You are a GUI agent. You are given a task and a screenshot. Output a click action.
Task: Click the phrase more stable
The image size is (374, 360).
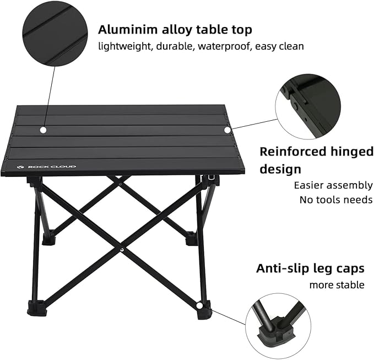pyautogui.click(x=337, y=284)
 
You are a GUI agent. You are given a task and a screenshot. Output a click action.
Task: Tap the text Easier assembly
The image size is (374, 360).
pyautogui.click(x=333, y=185)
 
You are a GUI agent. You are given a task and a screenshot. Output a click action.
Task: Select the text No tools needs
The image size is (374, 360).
pyautogui.click(x=336, y=200)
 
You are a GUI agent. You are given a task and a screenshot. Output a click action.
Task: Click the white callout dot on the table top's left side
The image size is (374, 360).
pyautogui.click(x=43, y=130)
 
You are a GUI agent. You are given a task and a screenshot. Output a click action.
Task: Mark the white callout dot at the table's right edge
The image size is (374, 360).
pyautogui.click(x=227, y=130)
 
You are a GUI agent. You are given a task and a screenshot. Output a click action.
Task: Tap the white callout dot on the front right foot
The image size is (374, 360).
pyautogui.click(x=199, y=305)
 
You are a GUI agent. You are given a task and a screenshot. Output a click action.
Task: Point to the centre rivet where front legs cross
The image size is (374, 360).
pyautogui.click(x=121, y=249)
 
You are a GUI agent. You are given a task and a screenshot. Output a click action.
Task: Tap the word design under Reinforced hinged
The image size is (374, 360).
pyautogui.click(x=280, y=169)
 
